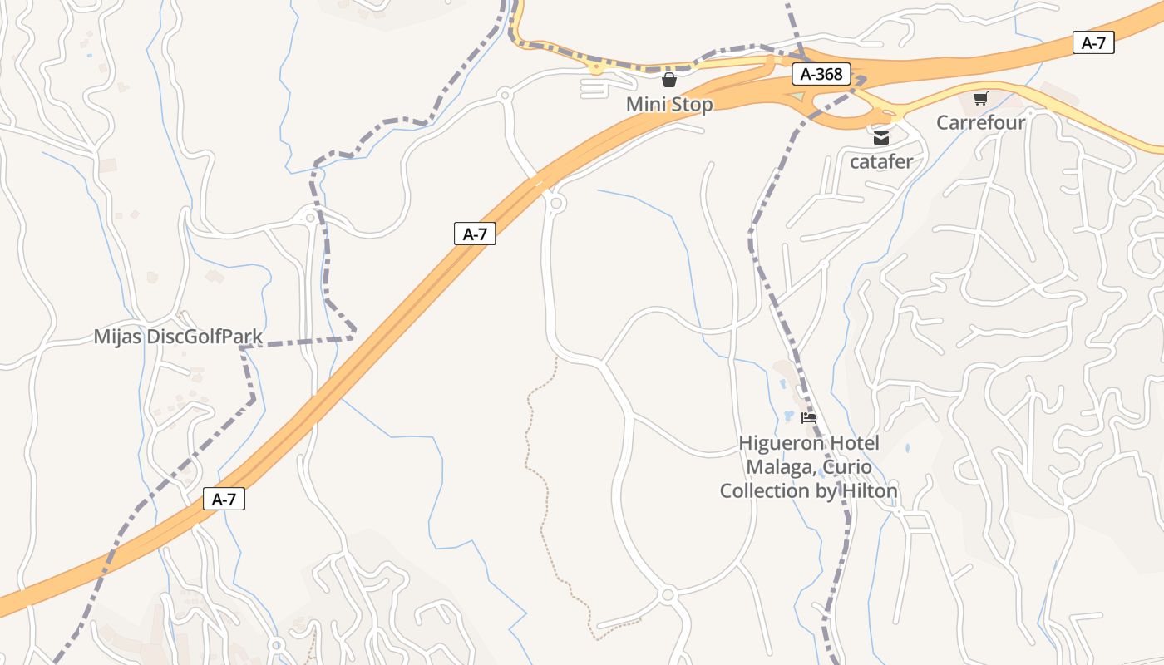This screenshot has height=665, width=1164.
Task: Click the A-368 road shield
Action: tap(821, 74)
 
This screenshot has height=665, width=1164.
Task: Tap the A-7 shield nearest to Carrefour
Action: tap(1093, 43)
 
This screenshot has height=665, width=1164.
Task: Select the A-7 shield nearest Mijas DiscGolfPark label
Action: tap(475, 234)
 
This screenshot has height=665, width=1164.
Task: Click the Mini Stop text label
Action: tap(669, 105)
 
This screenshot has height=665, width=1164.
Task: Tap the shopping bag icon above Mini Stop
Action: tap(668, 81)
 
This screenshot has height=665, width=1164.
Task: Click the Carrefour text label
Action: tap(980, 123)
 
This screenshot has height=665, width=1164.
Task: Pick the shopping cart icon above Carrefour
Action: tap(980, 99)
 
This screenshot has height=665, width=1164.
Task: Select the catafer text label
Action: tap(880, 161)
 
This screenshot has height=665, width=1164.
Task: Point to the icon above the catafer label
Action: tap(880, 138)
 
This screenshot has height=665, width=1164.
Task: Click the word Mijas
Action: tap(117, 337)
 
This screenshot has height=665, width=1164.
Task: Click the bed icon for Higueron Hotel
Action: tap(809, 418)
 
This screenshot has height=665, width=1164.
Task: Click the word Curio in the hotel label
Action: tap(845, 467)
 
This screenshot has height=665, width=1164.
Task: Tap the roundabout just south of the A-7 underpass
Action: tap(556, 202)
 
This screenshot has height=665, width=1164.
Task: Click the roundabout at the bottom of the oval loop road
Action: tap(667, 595)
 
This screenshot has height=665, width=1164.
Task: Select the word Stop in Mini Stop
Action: tap(693, 105)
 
